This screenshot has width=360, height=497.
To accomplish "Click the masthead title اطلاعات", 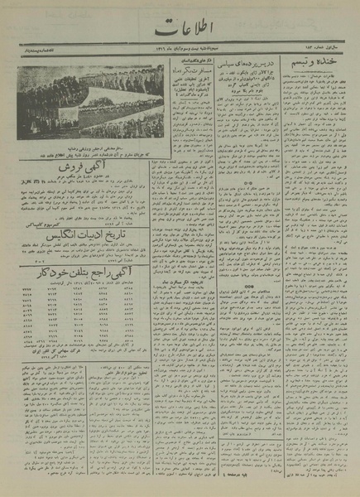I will click(180, 35).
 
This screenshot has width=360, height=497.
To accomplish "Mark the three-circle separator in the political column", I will click(247, 186).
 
